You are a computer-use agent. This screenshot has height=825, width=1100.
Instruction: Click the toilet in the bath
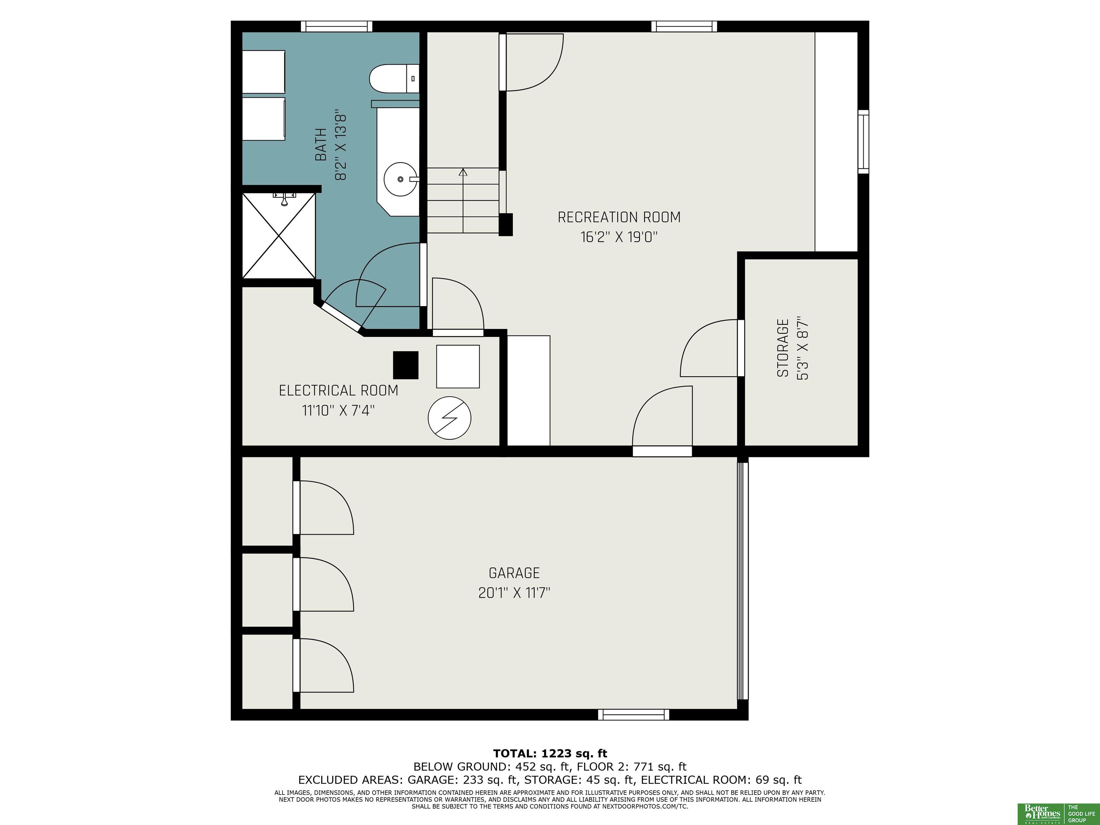tap(394, 78)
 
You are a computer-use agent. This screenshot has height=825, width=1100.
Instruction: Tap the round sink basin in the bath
tap(400, 179)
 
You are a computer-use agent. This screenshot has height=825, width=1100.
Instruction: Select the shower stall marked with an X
tap(279, 236)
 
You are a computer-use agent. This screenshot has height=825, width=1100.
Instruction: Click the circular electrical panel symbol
tap(449, 418)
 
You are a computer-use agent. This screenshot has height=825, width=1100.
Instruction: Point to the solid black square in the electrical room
tap(406, 365)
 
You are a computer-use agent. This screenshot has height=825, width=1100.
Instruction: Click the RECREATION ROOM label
tap(619, 217)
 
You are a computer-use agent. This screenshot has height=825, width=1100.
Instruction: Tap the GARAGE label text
tap(514, 573)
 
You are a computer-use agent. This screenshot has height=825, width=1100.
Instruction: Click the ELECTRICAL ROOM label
tap(339, 390)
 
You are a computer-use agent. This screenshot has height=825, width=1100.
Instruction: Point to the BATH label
tap(321, 145)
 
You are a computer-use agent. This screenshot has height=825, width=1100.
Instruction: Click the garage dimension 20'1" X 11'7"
tap(515, 593)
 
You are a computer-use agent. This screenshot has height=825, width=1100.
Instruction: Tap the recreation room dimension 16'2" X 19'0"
tap(619, 237)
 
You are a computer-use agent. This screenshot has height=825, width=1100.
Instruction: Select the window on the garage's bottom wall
tap(633, 715)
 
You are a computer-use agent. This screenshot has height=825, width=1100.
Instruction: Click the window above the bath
tap(337, 26)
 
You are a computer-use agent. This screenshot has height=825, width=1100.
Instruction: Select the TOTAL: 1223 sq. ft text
tap(550, 753)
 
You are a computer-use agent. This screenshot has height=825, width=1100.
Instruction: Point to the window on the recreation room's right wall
tap(863, 142)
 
